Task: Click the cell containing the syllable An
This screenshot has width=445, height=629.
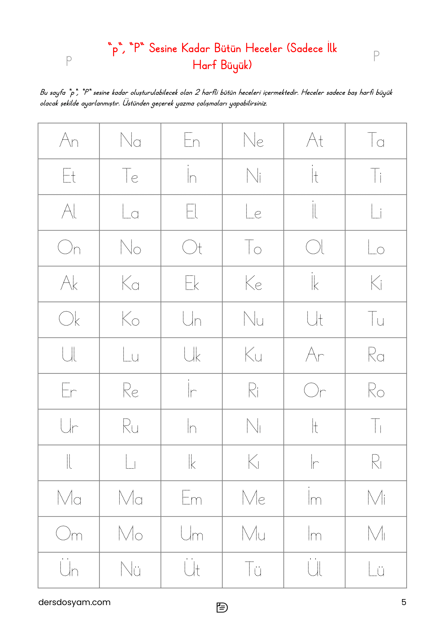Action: pyautogui.click(x=69, y=141)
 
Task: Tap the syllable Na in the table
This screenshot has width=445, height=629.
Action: pyautogui.click(x=130, y=141)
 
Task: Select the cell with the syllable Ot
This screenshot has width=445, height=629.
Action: pyautogui.click(x=192, y=248)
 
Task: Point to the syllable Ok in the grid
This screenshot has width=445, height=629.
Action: pyautogui.click(x=69, y=319)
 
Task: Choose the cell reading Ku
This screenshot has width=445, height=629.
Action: pyautogui.click(x=253, y=355)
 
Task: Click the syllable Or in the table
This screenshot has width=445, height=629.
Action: pyautogui.click(x=314, y=391)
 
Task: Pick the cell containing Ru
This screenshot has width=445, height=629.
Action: pyautogui.click(x=130, y=427)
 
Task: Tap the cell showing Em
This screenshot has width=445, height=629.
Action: pyautogui.click(x=192, y=498)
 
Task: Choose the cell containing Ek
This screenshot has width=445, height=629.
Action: pyautogui.click(x=192, y=283)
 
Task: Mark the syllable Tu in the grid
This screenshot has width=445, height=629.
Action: pyautogui.click(x=376, y=319)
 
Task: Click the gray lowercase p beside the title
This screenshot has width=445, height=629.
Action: pyautogui.click(x=69, y=60)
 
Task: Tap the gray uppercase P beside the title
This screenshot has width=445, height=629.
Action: pyautogui.click(x=376, y=56)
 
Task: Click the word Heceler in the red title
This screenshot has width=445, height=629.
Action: pyautogui.click(x=263, y=48)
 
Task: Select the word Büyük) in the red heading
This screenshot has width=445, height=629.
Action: pyautogui.click(x=236, y=65)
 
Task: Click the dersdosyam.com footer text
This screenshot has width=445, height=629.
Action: pyautogui.click(x=74, y=602)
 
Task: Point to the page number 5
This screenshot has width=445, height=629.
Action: pyautogui.click(x=403, y=602)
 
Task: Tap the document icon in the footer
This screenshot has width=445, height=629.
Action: pyautogui.click(x=222, y=607)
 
